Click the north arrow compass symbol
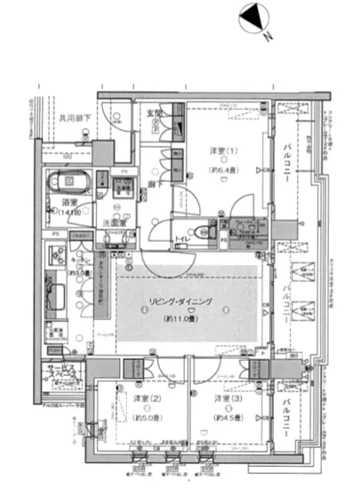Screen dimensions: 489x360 coord(252,18)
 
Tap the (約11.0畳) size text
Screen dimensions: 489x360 coord(180,317)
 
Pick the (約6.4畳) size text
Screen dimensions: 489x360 coord(222,169)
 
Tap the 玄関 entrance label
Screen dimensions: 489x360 coord(155,113)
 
